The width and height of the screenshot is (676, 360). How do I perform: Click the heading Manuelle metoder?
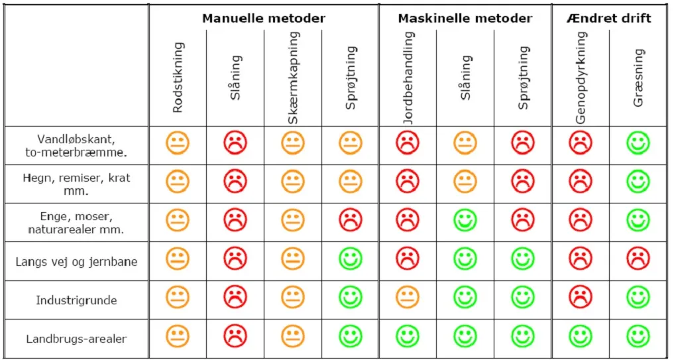[x=263, y=18]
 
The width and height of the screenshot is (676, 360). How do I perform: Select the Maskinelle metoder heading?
[x=465, y=18]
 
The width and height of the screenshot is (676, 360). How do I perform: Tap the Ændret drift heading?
[x=608, y=18]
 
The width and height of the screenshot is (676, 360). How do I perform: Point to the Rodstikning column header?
[x=177, y=78]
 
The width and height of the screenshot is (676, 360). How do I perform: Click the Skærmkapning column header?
[x=294, y=78]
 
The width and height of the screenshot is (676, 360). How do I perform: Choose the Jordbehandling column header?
[x=408, y=78]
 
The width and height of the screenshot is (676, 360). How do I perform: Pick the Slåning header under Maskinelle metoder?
[x=466, y=78]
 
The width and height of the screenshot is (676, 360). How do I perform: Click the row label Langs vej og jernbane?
[x=76, y=261]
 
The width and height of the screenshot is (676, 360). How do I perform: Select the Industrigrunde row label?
[x=76, y=300]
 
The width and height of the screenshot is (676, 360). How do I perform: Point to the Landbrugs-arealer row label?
[x=76, y=339]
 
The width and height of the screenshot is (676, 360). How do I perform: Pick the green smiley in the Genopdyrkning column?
[x=581, y=336]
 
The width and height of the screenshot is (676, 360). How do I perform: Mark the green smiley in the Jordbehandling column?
[x=408, y=336]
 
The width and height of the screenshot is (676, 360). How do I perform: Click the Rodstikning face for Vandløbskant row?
[x=178, y=143]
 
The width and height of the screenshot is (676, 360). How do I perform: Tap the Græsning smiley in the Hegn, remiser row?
[x=638, y=181]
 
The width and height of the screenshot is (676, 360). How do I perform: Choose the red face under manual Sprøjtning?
[x=351, y=220]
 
